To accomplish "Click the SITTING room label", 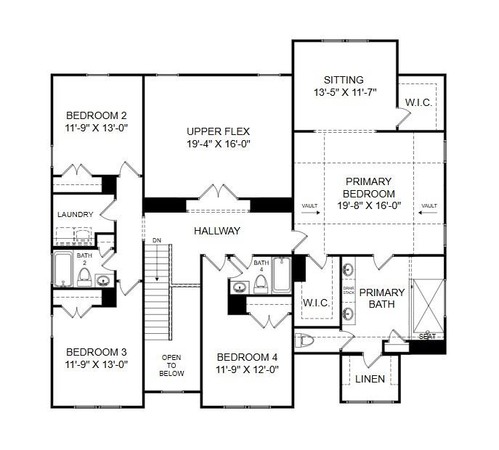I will (x=344, y=80).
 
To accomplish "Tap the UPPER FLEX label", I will (x=218, y=131).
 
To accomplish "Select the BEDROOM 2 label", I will (x=97, y=115).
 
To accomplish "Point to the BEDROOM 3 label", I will (x=97, y=351).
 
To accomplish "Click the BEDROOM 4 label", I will (x=247, y=357).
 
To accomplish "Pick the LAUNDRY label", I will (x=75, y=214).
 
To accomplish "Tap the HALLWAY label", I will (x=216, y=231).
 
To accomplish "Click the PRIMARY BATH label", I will (x=382, y=298).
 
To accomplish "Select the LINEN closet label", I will (x=370, y=379).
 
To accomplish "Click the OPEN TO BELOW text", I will (x=172, y=365).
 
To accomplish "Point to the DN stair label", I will (x=156, y=240).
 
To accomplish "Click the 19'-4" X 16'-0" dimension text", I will (x=218, y=144).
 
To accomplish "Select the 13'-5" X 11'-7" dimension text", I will (x=344, y=92).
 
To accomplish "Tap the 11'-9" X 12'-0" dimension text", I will (x=247, y=369).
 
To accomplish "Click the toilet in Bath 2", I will (x=84, y=275).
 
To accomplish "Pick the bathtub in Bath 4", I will (x=282, y=275).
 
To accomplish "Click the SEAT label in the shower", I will (x=427, y=337).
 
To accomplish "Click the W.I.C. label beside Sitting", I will (x=418, y=102).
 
